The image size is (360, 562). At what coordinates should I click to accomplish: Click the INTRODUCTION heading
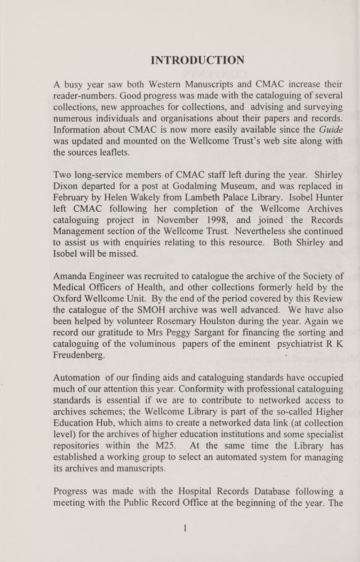coord(198,59)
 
